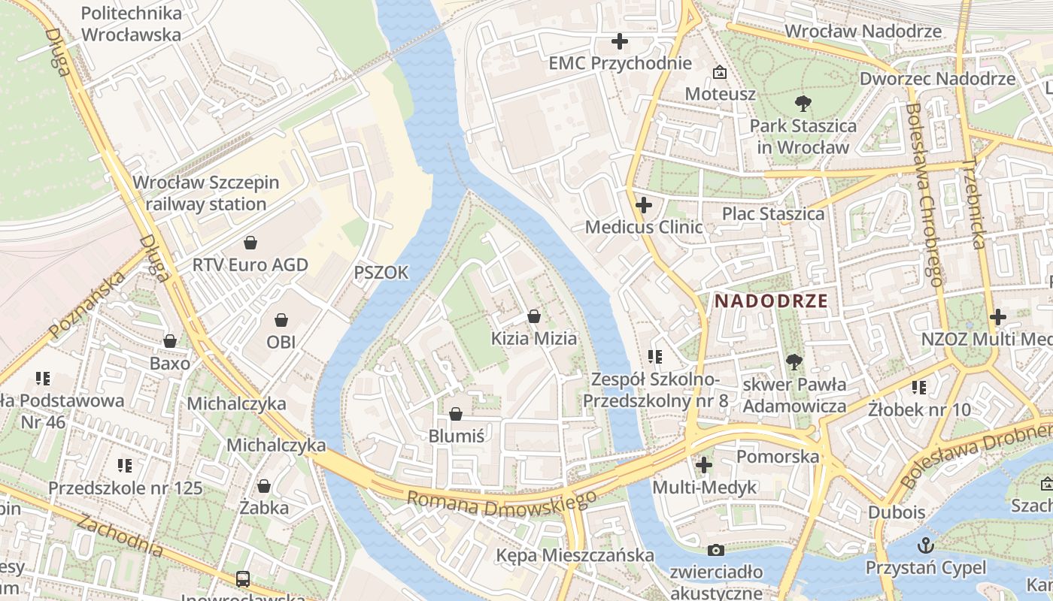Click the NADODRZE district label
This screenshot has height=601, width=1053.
(771, 301)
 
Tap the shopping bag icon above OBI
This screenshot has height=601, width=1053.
(281, 320)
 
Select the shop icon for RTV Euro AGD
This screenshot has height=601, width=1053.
(250, 243)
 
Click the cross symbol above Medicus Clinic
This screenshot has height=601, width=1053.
(644, 204)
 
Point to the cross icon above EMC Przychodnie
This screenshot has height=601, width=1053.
(620, 41)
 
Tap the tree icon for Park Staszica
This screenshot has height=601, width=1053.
(803, 104)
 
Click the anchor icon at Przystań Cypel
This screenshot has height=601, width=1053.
(925, 545)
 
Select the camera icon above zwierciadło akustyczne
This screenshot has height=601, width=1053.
(716, 550)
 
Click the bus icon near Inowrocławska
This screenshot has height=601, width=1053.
(243, 578)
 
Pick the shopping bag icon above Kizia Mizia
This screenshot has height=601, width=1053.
(534, 316)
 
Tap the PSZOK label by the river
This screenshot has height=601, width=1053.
(381, 273)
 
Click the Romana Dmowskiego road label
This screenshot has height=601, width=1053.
(501, 503)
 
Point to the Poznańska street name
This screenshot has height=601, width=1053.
(86, 306)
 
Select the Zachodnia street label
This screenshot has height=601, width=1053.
(120, 536)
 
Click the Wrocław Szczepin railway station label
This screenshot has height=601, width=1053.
(205, 193)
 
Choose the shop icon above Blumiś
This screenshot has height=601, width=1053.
(455, 414)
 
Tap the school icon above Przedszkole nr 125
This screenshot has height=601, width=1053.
(125, 466)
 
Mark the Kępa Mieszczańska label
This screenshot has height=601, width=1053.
(575, 555)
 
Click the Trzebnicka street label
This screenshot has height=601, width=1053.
(975, 203)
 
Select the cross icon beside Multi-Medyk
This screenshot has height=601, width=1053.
(704, 465)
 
